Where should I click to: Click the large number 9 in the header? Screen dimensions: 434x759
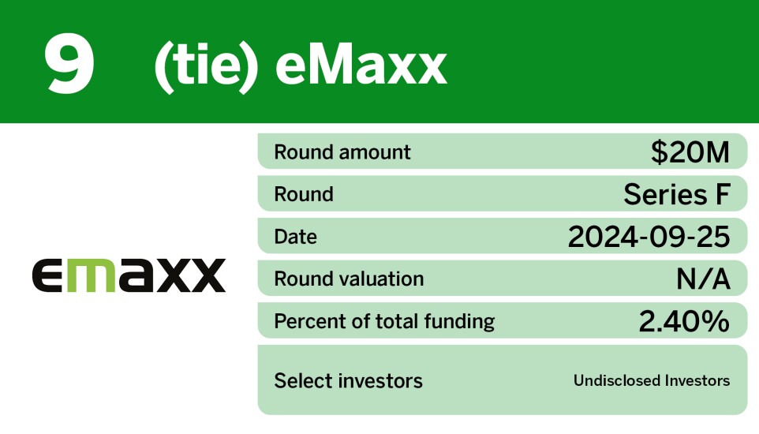(x=69, y=64)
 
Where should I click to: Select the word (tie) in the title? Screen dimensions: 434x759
(x=206, y=66)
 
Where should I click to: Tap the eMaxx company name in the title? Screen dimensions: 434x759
(x=361, y=66)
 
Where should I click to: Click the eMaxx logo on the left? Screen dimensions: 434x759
(x=129, y=276)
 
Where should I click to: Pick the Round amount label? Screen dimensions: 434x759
(x=342, y=152)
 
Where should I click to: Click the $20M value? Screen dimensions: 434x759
(x=690, y=152)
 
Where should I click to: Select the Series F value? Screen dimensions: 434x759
(x=677, y=194)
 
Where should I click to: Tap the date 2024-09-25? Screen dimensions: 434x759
(x=649, y=237)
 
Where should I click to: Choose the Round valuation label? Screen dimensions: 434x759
(x=349, y=279)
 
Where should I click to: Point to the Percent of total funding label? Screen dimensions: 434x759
(x=384, y=321)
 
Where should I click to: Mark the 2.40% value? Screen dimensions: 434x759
(x=683, y=321)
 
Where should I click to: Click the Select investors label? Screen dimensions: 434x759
(x=348, y=381)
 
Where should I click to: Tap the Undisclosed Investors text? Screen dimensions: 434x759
(x=652, y=381)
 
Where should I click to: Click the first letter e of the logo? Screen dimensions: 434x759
(x=50, y=276)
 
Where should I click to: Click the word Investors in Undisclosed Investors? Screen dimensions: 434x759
(x=697, y=381)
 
